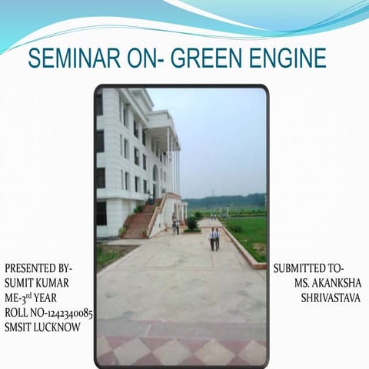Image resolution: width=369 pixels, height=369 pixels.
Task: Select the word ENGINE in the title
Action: (288, 58)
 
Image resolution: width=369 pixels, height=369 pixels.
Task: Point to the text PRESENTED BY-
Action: (38, 268)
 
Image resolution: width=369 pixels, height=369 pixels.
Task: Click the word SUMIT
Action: (21, 283)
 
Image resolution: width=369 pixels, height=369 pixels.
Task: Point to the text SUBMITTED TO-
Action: (308, 268)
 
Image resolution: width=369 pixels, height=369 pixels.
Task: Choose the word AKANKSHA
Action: (335, 283)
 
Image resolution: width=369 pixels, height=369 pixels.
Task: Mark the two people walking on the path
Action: (214, 238)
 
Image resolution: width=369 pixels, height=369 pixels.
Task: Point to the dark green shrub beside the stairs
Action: (191, 223)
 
